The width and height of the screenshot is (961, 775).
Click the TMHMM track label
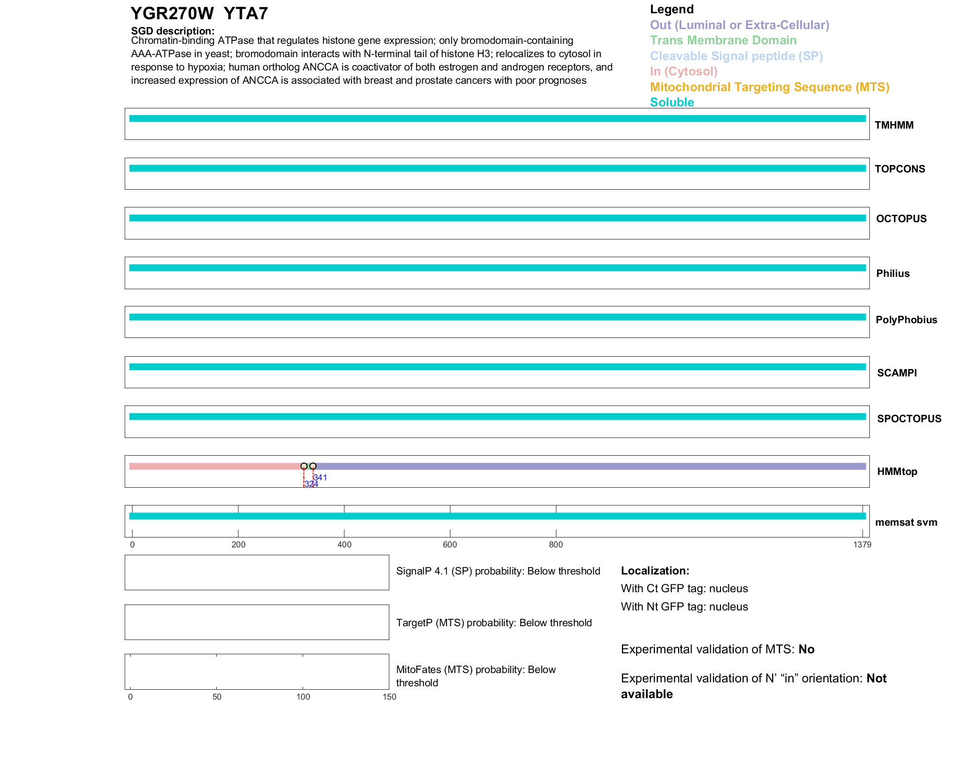(x=893, y=125)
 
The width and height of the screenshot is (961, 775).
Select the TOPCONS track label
(x=899, y=169)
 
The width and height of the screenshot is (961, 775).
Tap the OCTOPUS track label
(x=901, y=219)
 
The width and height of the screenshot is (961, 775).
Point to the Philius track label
(x=892, y=273)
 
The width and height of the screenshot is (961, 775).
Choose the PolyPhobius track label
(x=906, y=320)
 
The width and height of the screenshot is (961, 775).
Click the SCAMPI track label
(x=896, y=373)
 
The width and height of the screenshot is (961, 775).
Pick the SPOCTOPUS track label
(x=909, y=419)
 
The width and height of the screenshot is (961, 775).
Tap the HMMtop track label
(x=897, y=472)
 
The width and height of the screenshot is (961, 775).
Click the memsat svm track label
(x=906, y=522)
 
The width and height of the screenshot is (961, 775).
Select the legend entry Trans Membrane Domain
(x=723, y=40)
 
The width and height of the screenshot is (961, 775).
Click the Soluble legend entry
(x=672, y=102)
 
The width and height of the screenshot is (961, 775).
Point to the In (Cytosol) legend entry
(x=684, y=71)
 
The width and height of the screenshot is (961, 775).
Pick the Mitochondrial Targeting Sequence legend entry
(x=769, y=87)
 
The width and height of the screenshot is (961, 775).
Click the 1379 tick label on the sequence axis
(x=862, y=544)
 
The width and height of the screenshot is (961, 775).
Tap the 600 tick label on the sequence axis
(x=450, y=544)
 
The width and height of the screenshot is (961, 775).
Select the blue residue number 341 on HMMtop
(x=321, y=477)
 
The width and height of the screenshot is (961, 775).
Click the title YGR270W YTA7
(x=199, y=13)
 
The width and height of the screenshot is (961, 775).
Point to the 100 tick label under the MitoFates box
(x=303, y=697)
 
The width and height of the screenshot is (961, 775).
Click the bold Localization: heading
(x=655, y=571)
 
